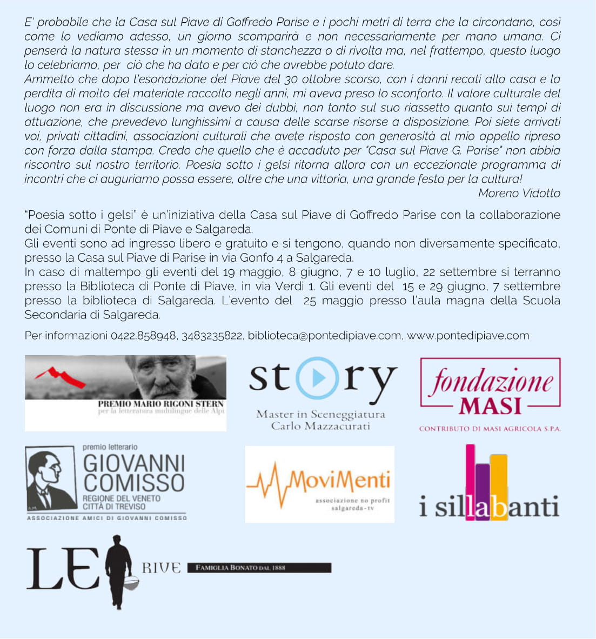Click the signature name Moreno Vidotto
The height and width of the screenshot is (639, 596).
click(x=519, y=193)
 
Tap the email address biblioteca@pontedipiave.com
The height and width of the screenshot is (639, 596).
click(x=324, y=336)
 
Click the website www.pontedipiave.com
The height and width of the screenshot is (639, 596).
click(x=468, y=336)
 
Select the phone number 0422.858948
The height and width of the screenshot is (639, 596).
click(x=143, y=336)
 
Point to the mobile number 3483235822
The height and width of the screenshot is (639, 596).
click(x=212, y=336)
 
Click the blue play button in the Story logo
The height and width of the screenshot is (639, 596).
click(x=317, y=378)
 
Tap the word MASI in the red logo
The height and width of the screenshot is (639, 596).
click(x=490, y=405)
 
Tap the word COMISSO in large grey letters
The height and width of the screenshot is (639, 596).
click(x=134, y=482)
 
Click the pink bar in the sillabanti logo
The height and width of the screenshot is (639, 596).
click(x=470, y=476)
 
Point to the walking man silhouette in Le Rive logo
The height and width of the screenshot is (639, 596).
click(x=118, y=568)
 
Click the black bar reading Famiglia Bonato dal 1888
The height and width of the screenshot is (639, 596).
click(x=259, y=568)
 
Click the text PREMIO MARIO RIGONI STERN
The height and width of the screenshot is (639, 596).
click(x=160, y=403)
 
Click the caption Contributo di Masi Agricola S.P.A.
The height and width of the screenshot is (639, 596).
click(x=490, y=429)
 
